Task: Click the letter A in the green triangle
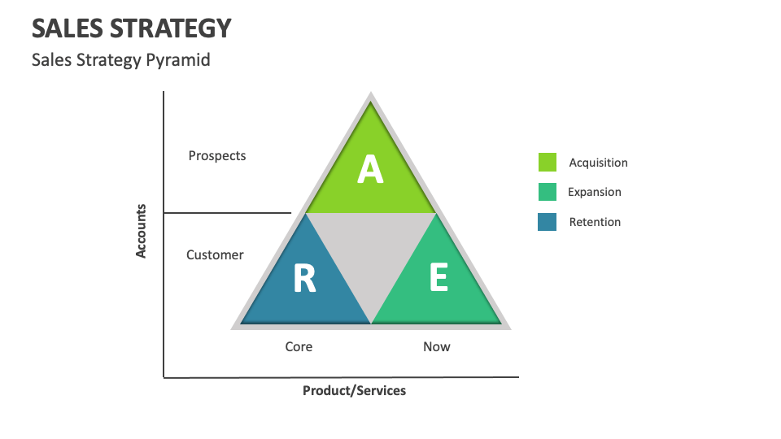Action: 370,169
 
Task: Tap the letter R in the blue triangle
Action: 304,279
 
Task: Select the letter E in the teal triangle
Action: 438,279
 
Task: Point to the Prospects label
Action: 216,155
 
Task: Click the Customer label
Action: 215,254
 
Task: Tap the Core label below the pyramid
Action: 299,346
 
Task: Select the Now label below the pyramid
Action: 437,346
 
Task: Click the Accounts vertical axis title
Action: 141,231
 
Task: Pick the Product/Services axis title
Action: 354,390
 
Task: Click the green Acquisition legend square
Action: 548,163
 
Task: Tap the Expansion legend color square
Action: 548,192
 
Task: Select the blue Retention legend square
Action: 548,222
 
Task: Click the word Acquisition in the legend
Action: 598,163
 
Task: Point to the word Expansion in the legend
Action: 595,192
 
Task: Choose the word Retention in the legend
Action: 595,222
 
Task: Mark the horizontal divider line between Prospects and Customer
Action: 228,213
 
